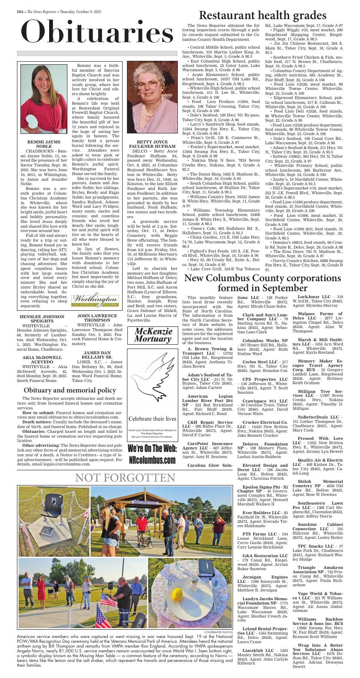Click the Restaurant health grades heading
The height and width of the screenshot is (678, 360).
262,16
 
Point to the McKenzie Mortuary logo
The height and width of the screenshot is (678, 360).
153,335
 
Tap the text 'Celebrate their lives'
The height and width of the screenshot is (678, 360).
152,419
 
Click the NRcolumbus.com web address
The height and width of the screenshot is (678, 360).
152,460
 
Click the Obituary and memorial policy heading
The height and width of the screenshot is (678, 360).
70,390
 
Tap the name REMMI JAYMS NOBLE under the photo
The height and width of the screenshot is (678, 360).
43,144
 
